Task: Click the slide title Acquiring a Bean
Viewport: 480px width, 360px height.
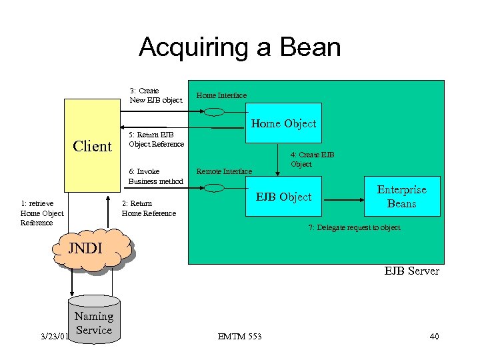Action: pos(239,47)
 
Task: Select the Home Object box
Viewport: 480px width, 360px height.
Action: pos(283,123)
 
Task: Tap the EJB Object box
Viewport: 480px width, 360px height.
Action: pos(284,197)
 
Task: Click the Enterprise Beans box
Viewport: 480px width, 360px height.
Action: pos(402,197)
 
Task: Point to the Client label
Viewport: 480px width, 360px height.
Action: pos(92,146)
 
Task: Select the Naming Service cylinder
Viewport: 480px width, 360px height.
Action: pos(93,323)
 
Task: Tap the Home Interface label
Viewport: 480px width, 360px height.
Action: pos(221,95)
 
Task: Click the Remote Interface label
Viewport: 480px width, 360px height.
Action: pos(224,171)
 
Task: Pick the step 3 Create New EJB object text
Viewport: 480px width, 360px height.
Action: pos(155,95)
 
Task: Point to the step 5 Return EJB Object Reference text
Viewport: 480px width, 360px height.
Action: pos(156,139)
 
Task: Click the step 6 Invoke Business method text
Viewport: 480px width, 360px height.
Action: pos(155,176)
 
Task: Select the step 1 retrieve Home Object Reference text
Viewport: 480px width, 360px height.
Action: pos(42,213)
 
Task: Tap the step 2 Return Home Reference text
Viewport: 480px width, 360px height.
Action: pos(149,208)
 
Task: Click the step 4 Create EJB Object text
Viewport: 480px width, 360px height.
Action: pos(312,159)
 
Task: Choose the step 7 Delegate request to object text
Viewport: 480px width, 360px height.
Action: pos(354,227)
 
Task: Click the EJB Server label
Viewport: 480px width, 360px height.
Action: pos(411,271)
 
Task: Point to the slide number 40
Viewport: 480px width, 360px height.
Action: pos(434,336)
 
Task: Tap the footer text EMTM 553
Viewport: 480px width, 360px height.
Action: pos(239,336)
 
